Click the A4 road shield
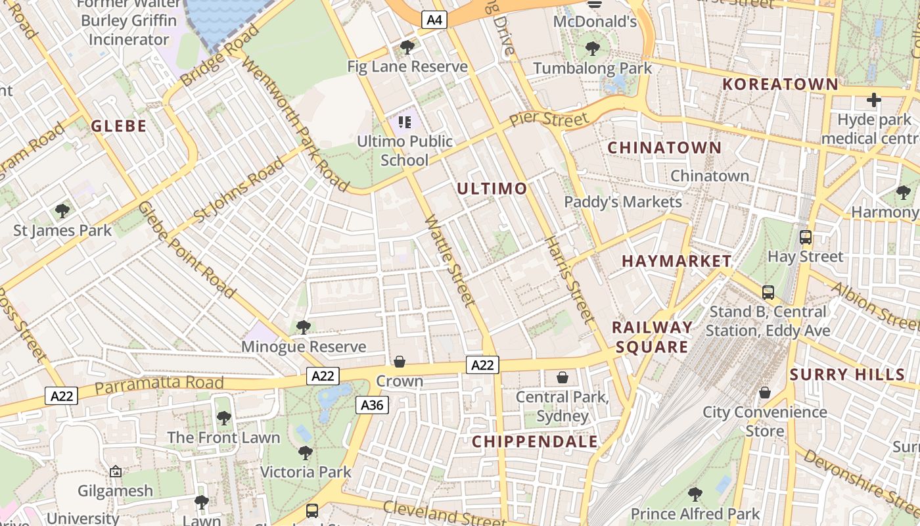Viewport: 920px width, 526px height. [433, 20]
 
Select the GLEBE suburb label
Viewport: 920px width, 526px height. [119, 126]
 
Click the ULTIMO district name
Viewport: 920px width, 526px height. [492, 189]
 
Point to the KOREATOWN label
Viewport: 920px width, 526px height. [781, 84]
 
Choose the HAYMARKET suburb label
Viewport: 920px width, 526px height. [677, 261]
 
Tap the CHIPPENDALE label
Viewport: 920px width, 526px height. [536, 441]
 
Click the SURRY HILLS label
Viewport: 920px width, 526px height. [848, 375]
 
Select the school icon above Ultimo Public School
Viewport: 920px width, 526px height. [404, 122]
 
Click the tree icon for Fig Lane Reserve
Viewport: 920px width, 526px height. [407, 47]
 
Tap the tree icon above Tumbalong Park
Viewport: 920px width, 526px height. [592, 49]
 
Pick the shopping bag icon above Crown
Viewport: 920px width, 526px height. [400, 362]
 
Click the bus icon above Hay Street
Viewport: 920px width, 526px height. [805, 237]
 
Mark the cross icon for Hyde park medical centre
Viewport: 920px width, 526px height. [873, 100]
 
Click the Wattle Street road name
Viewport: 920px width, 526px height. [450, 261]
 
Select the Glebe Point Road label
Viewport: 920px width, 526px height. [187, 250]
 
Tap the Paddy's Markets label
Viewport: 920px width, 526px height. [623, 202]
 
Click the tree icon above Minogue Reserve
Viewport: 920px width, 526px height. [303, 327]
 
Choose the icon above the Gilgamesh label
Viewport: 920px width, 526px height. [116, 471]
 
